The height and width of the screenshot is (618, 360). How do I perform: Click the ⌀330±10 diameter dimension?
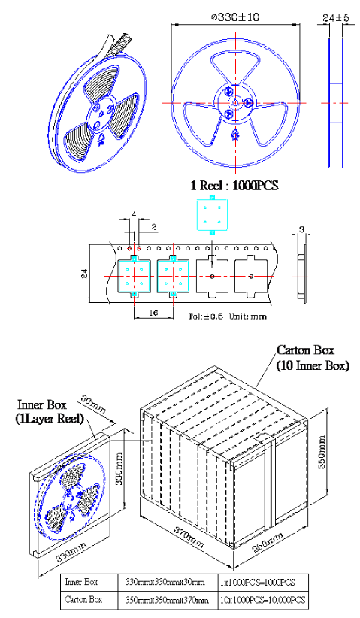click(235, 17)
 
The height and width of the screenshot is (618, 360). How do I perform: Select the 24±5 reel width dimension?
click(336, 18)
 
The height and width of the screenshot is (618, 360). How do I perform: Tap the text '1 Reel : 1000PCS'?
click(234, 185)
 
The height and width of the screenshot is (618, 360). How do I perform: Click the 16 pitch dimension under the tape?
click(153, 312)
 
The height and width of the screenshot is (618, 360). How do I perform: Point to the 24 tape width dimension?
click(85, 274)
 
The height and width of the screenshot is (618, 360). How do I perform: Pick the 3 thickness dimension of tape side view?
click(301, 229)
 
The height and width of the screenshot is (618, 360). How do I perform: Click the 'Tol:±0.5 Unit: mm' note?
click(227, 316)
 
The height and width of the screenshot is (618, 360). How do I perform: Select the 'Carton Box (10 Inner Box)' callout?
click(313, 358)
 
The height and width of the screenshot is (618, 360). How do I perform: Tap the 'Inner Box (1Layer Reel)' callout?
click(50, 411)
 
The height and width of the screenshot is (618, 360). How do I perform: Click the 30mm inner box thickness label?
click(94, 404)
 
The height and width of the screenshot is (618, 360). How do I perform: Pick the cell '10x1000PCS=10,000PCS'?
click(262, 600)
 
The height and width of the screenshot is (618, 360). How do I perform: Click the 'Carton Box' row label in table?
click(83, 599)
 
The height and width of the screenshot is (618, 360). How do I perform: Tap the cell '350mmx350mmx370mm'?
click(167, 600)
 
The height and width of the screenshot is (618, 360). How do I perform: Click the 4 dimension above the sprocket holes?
click(134, 214)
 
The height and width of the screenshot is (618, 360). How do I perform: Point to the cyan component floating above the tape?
click(212, 215)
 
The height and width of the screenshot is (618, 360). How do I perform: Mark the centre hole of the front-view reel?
click(235, 103)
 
